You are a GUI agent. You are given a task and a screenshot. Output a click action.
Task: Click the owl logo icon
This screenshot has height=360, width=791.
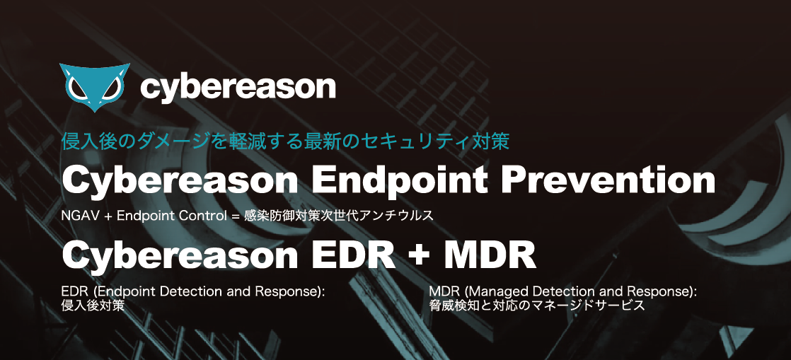(x=94, y=87)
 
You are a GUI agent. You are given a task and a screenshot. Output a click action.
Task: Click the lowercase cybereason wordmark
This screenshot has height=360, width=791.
(x=238, y=88)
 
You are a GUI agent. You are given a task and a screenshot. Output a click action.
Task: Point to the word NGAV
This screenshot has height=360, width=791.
(x=76, y=216)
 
